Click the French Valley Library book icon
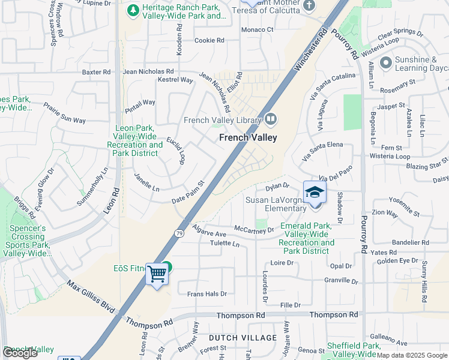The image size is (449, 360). (270, 119)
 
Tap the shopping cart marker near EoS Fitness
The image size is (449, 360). (157, 274)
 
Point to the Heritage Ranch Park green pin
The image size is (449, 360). (132, 10)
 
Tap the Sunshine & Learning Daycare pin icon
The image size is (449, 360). (385, 62)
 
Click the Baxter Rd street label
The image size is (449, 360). (97, 72)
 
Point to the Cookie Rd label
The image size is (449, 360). (209, 41)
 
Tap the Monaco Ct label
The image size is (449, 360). (257, 29)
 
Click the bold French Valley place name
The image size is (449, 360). (248, 137)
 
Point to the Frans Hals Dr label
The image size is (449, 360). (207, 294)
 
